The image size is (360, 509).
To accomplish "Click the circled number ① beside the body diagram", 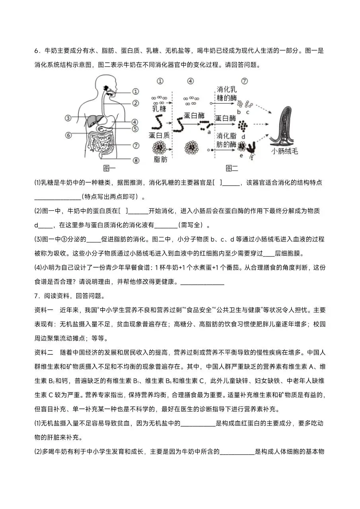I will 135,91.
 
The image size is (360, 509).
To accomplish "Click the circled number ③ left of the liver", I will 68,118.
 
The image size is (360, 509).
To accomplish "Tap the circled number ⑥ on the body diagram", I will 68,135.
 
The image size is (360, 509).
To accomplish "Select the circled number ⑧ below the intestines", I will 135,160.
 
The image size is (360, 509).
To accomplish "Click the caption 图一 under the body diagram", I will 109,168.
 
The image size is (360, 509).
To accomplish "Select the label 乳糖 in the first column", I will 160,108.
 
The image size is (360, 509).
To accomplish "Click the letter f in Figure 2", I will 251,158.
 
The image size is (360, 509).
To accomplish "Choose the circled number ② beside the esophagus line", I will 135,103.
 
